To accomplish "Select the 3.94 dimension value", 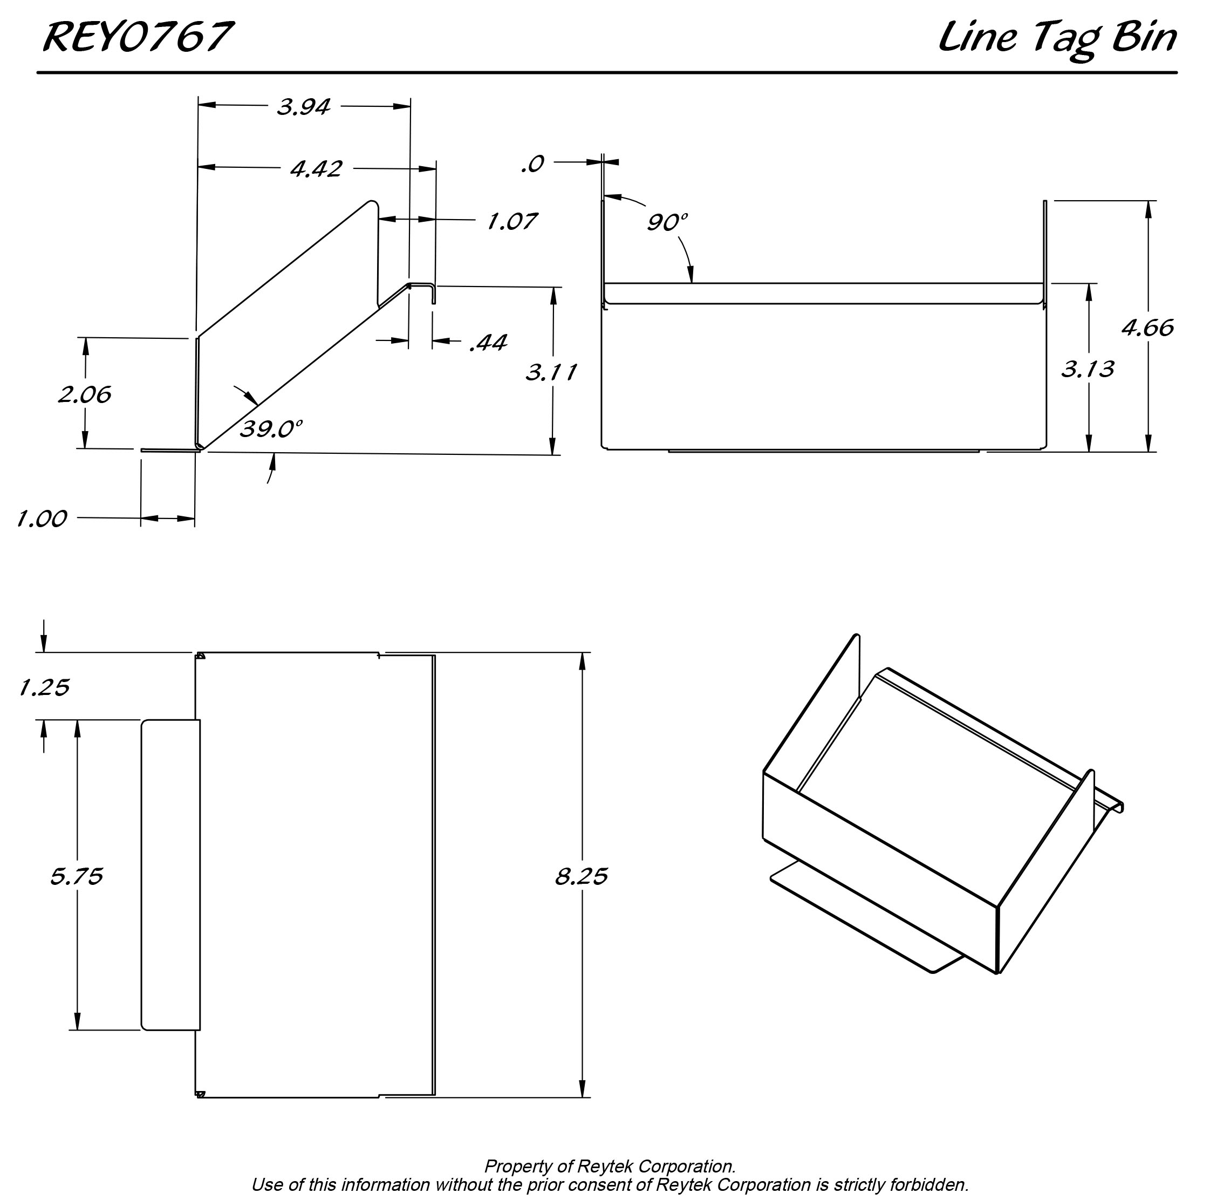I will pyautogui.click(x=304, y=107).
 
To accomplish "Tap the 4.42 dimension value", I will pyautogui.click(x=316, y=169).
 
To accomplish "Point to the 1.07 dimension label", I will pyautogui.click(x=512, y=222).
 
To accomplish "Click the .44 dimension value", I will pyautogui.click(x=489, y=343).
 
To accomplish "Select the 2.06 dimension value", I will pyautogui.click(x=85, y=394).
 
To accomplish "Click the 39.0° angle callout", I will pyautogui.click(x=271, y=429).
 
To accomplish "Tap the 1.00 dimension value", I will pyautogui.click(x=42, y=519).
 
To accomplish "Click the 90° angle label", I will pyautogui.click(x=667, y=222).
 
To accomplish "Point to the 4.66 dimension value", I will pyautogui.click(x=1147, y=328).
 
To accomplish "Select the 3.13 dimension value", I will pyautogui.click(x=1088, y=369).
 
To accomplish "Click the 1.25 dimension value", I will pyautogui.click(x=44, y=688).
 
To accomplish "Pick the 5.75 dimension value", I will pyautogui.click(x=77, y=876).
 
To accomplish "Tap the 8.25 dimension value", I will pyautogui.click(x=581, y=876).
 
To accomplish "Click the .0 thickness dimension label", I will pyautogui.click(x=532, y=164).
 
